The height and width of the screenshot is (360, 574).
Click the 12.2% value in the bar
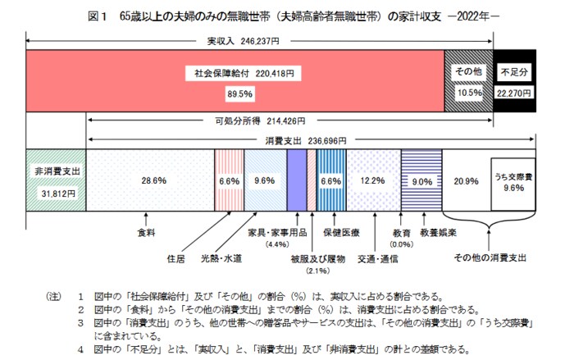[x=373, y=180]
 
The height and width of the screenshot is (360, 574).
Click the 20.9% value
[x=465, y=180]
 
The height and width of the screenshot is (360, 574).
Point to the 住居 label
[x=175, y=258]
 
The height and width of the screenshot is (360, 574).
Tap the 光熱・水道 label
[x=221, y=258]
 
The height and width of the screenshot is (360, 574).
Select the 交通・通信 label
[x=378, y=258]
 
